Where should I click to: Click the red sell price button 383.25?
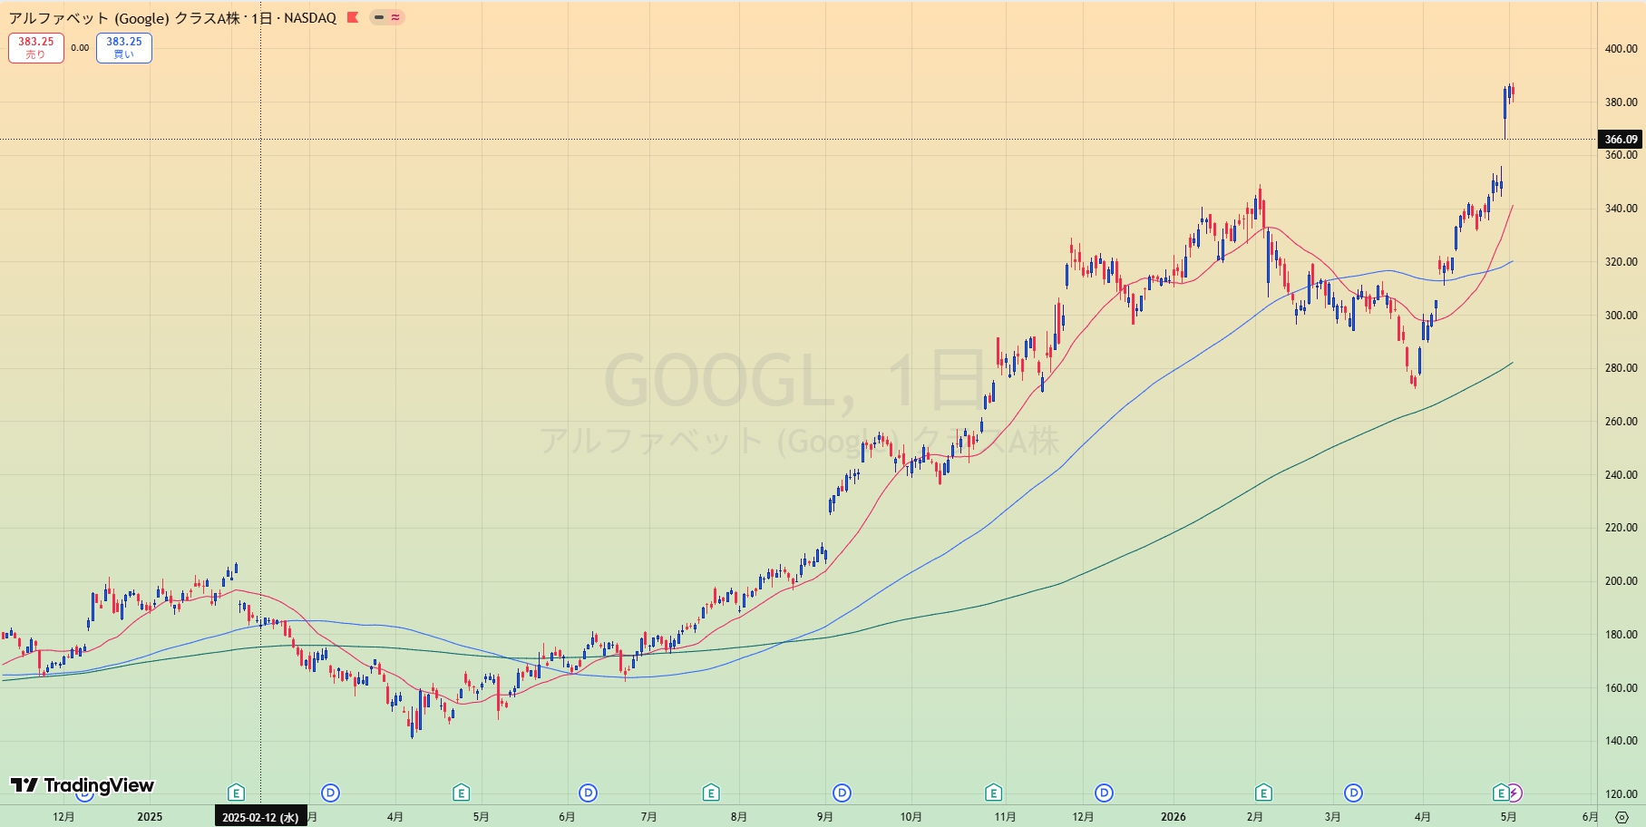coord(36,48)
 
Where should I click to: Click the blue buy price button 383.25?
coord(124,48)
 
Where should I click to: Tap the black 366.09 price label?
coord(1621,140)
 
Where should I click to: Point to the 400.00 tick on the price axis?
coord(1621,49)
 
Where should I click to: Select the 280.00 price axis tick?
coord(1621,368)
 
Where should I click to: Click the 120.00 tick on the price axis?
coord(1621,794)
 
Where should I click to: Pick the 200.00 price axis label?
coord(1621,581)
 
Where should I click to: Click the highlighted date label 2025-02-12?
coord(260,817)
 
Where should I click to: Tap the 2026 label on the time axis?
coord(1174,817)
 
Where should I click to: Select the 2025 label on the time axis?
coord(150,817)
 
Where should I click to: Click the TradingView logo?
coord(83,785)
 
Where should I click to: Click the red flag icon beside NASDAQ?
coord(353,17)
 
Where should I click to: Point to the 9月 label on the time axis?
coord(824,817)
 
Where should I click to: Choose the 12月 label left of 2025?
coord(63,817)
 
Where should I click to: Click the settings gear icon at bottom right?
coord(1622,817)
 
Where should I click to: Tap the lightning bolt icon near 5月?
coord(1514,793)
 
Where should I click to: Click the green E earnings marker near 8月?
coord(711,793)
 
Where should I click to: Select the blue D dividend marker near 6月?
coord(589,793)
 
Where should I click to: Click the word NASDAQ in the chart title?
coord(310,18)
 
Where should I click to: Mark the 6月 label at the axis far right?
coord(1590,817)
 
